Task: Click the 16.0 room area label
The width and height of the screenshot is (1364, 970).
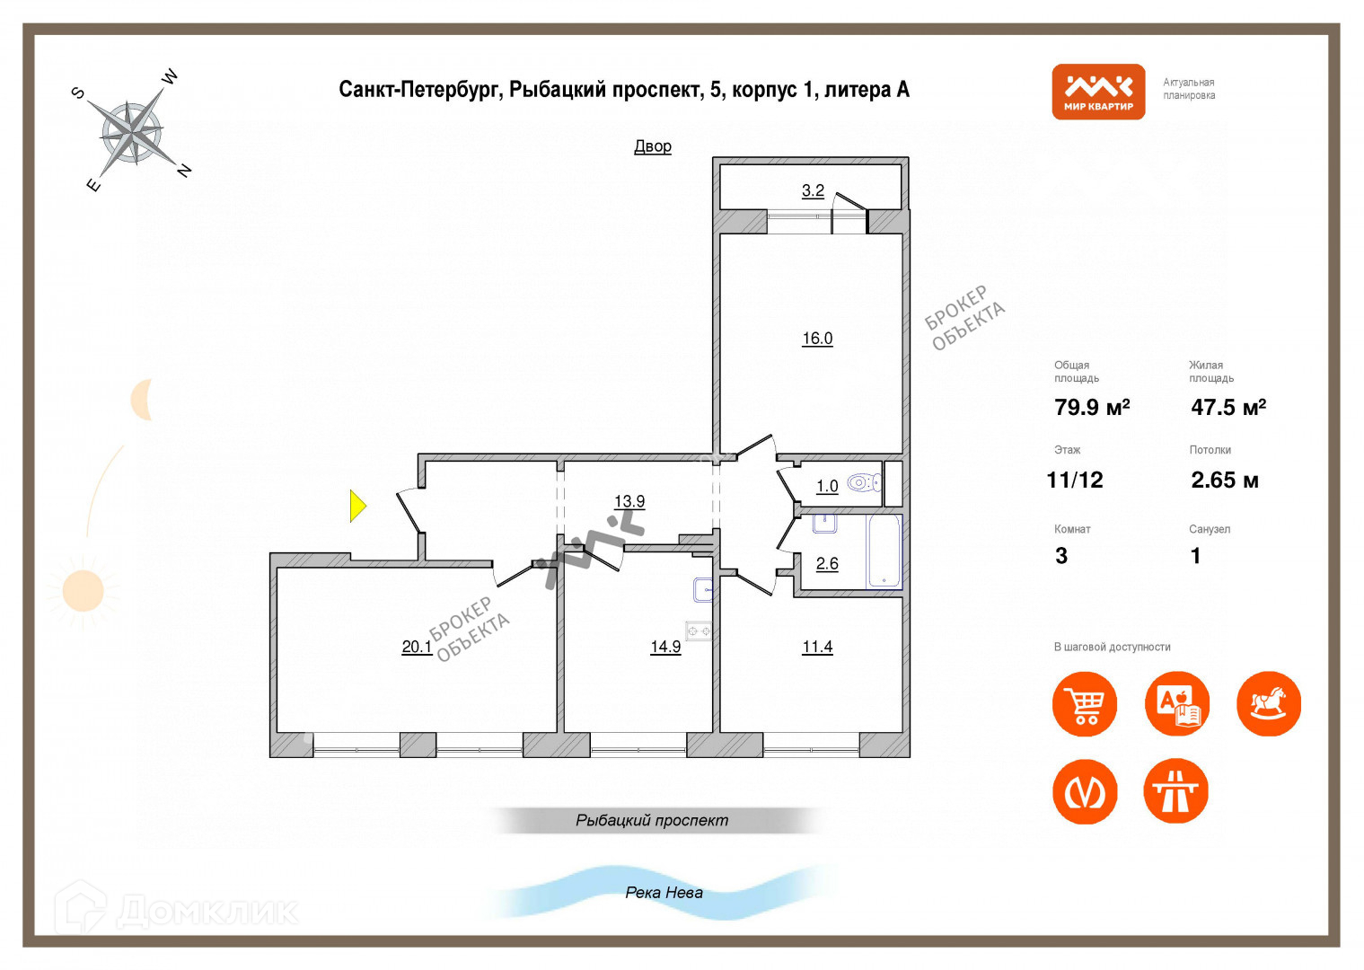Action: tap(817, 339)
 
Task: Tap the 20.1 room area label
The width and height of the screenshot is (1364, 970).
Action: tap(417, 647)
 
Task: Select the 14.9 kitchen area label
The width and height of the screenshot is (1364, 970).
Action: tap(665, 647)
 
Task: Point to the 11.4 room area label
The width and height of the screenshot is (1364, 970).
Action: tap(817, 647)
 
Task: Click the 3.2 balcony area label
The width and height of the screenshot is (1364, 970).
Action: tap(813, 190)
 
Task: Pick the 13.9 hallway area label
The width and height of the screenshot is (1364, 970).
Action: tap(629, 501)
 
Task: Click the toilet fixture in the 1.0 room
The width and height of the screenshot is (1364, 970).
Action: tap(863, 483)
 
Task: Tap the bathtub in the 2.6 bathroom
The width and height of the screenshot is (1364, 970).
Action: tap(884, 551)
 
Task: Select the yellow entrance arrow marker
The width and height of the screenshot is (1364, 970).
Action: tap(357, 506)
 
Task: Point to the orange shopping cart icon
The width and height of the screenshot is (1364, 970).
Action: tap(1085, 704)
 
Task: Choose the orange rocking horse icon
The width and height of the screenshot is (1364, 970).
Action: tap(1268, 704)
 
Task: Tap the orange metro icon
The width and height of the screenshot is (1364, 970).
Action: tap(1085, 792)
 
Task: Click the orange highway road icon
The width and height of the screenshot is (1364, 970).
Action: tap(1175, 792)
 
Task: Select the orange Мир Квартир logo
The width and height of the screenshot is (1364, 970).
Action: tap(1098, 92)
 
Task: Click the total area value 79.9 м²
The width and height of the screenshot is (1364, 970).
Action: tap(1092, 408)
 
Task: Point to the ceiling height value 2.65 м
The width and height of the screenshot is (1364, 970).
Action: tap(1224, 481)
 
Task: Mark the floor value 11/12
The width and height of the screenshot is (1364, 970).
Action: tap(1075, 481)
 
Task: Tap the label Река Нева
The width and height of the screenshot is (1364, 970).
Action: tap(664, 893)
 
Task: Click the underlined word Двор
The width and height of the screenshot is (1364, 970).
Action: tap(653, 146)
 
